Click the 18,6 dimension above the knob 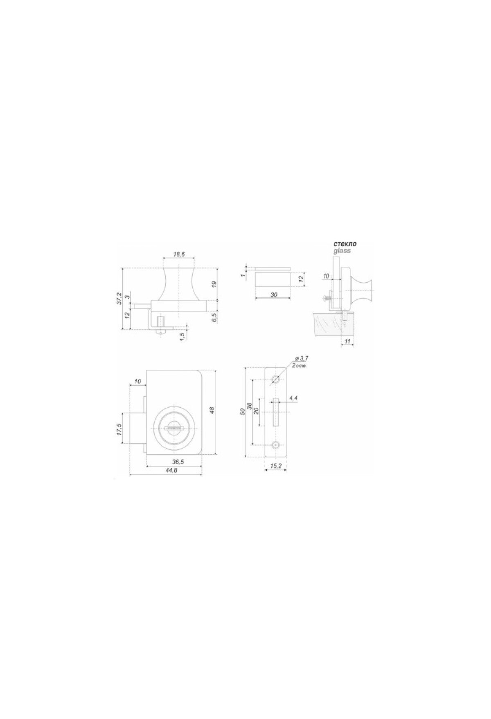pyautogui.click(x=179, y=254)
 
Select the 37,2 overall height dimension pyautogui.click(x=119, y=298)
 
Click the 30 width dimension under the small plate pyautogui.click(x=274, y=294)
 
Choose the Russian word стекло pyautogui.click(x=345, y=244)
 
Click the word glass pyautogui.click(x=342, y=251)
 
